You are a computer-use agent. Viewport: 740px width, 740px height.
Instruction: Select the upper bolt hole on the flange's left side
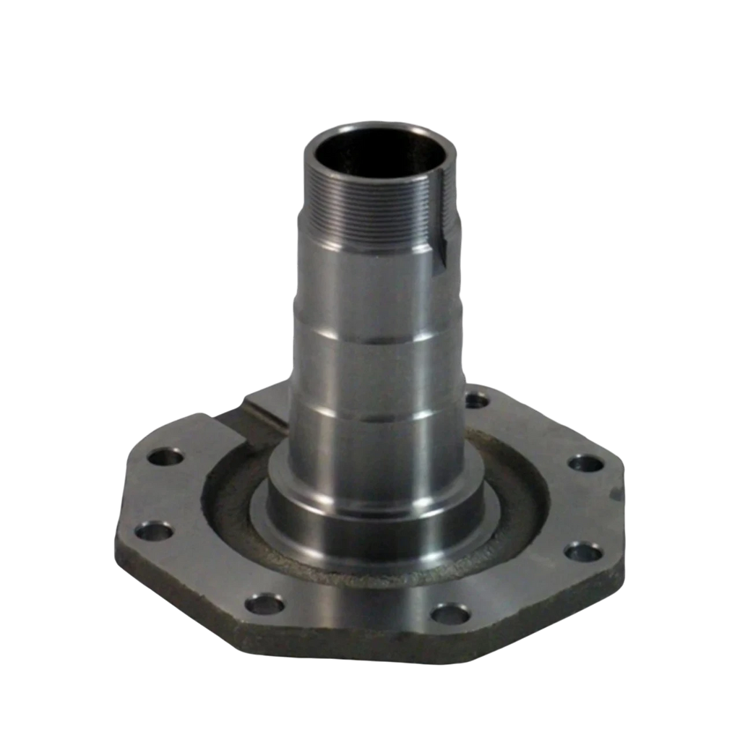click(x=166, y=458)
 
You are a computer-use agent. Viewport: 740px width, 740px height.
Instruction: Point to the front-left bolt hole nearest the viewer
click(x=264, y=603)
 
